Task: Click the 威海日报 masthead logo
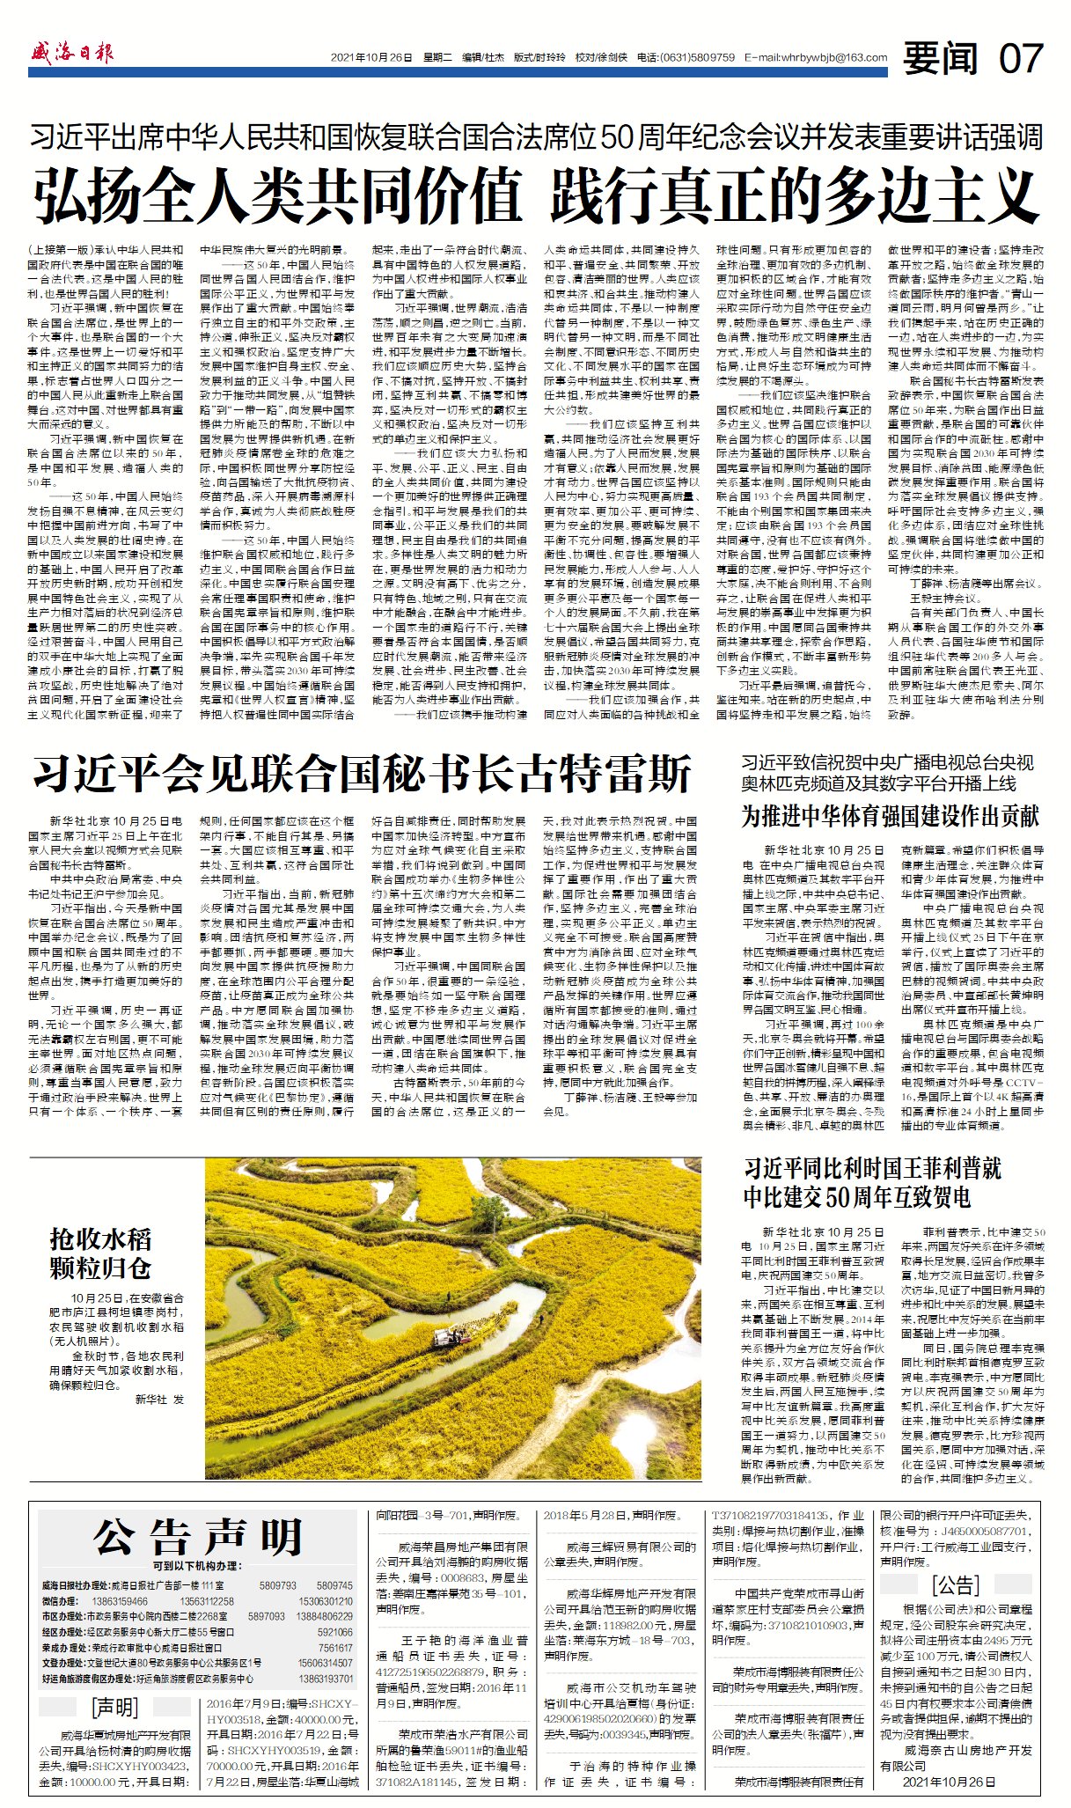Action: click(73, 54)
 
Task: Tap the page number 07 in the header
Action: click(1020, 58)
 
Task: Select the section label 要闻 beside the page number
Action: click(941, 58)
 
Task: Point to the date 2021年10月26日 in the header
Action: click(371, 58)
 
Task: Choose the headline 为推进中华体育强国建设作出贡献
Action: click(890, 816)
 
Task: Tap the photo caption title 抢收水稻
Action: click(100, 1239)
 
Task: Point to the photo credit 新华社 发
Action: click(160, 1398)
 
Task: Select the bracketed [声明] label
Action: click(115, 1708)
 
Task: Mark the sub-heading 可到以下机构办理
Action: click(195, 1566)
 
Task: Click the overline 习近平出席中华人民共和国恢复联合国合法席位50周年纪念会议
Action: click(535, 137)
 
